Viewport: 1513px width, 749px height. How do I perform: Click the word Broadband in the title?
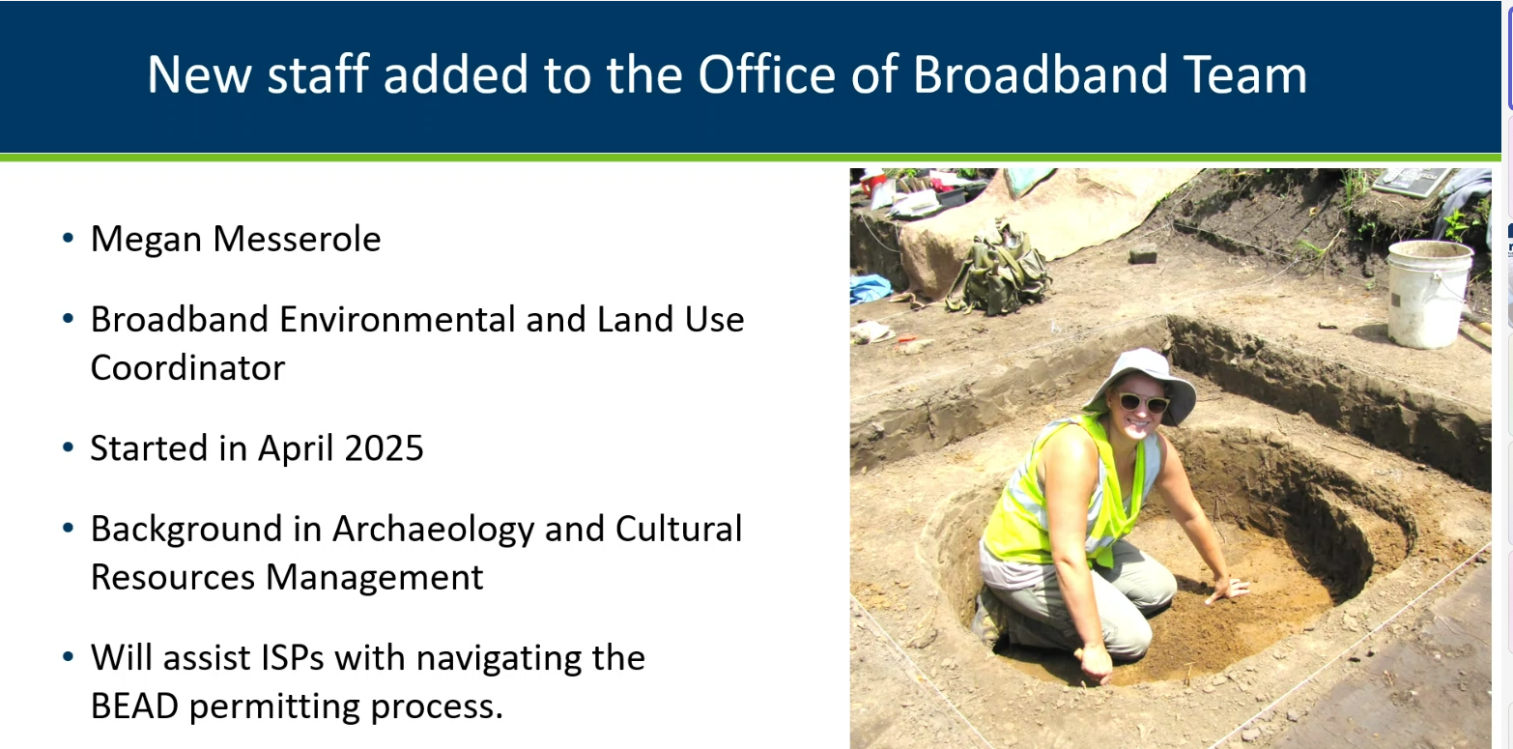pos(1041,73)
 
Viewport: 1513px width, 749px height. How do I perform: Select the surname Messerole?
pos(297,239)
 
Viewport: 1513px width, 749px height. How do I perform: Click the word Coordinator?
pos(187,368)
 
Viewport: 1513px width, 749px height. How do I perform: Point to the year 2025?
pos(384,447)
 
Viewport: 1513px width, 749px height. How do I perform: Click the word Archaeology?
pos(433,530)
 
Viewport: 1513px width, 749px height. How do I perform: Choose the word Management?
pos(374,578)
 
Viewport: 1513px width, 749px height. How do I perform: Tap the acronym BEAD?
pos(134,706)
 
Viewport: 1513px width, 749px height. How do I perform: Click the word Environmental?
pos(397,320)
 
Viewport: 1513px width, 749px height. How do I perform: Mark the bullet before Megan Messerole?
pos(68,238)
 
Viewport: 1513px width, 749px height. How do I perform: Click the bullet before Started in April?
pos(68,447)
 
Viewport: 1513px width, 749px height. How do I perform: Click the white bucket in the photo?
pos(1429,294)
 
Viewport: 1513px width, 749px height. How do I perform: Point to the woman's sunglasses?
pos(1143,403)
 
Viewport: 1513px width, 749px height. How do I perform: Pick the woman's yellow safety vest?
pos(1064,493)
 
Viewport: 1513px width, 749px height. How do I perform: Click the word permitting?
pos(274,707)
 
